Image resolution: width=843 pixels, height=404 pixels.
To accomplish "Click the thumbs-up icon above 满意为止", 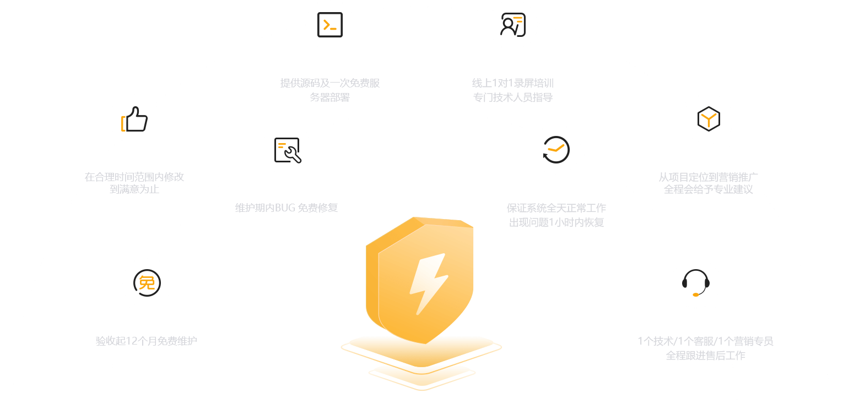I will [x=134, y=119].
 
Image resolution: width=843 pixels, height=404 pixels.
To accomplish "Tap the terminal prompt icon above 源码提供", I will [x=330, y=25].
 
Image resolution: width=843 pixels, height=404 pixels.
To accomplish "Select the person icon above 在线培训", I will [x=513, y=25].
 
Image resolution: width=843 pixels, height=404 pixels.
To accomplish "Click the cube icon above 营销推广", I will [x=708, y=118].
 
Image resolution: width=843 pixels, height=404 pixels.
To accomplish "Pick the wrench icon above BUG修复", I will [x=287, y=150].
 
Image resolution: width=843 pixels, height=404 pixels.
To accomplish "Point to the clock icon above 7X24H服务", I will [x=556, y=150].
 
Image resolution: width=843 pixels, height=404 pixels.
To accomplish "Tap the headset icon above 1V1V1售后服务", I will [x=695, y=283].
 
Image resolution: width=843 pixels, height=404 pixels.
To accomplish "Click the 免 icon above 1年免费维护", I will [x=147, y=283].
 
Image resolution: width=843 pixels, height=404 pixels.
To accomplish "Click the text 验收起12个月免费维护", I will [x=147, y=341].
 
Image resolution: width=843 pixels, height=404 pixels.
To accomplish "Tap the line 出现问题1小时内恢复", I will [x=556, y=223].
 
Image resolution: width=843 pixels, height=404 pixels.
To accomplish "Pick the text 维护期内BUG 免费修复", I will [x=287, y=208].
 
